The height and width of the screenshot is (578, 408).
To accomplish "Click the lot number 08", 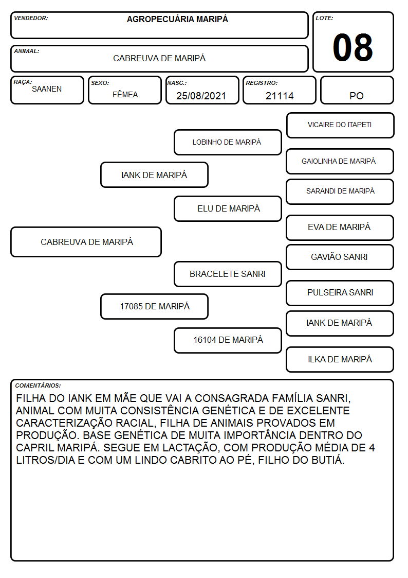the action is click(x=353, y=47).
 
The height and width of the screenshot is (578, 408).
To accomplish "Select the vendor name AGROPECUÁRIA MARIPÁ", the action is click(x=177, y=19).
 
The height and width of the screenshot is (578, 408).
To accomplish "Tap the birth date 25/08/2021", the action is click(x=201, y=96).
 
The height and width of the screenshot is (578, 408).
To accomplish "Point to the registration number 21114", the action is click(x=280, y=96).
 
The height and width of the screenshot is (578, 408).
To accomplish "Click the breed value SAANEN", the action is click(x=47, y=89).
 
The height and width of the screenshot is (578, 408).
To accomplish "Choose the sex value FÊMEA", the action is click(x=125, y=94).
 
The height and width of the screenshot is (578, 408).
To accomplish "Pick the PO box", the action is click(x=357, y=90).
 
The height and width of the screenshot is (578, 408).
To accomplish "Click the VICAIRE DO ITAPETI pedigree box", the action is click(x=340, y=126).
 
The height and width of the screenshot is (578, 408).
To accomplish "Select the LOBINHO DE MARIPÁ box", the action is click(x=228, y=142).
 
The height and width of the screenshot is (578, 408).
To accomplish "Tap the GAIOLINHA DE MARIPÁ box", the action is click(x=340, y=162).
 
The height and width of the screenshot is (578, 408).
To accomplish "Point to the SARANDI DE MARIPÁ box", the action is click(x=340, y=191).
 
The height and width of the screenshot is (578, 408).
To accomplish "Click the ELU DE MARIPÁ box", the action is click(x=228, y=208).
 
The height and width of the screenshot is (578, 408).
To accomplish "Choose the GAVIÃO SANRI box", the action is click(x=340, y=257).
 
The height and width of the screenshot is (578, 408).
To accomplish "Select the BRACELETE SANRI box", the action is click(x=228, y=274).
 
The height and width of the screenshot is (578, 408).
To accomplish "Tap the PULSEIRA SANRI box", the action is click(x=340, y=293).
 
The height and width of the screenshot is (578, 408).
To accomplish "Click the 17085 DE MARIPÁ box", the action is click(x=155, y=306).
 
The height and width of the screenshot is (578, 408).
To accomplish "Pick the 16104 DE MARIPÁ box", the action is click(x=228, y=340).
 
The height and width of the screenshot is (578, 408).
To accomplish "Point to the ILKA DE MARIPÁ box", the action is click(x=340, y=359).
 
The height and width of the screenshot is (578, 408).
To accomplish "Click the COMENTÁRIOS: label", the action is click(x=38, y=386).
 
